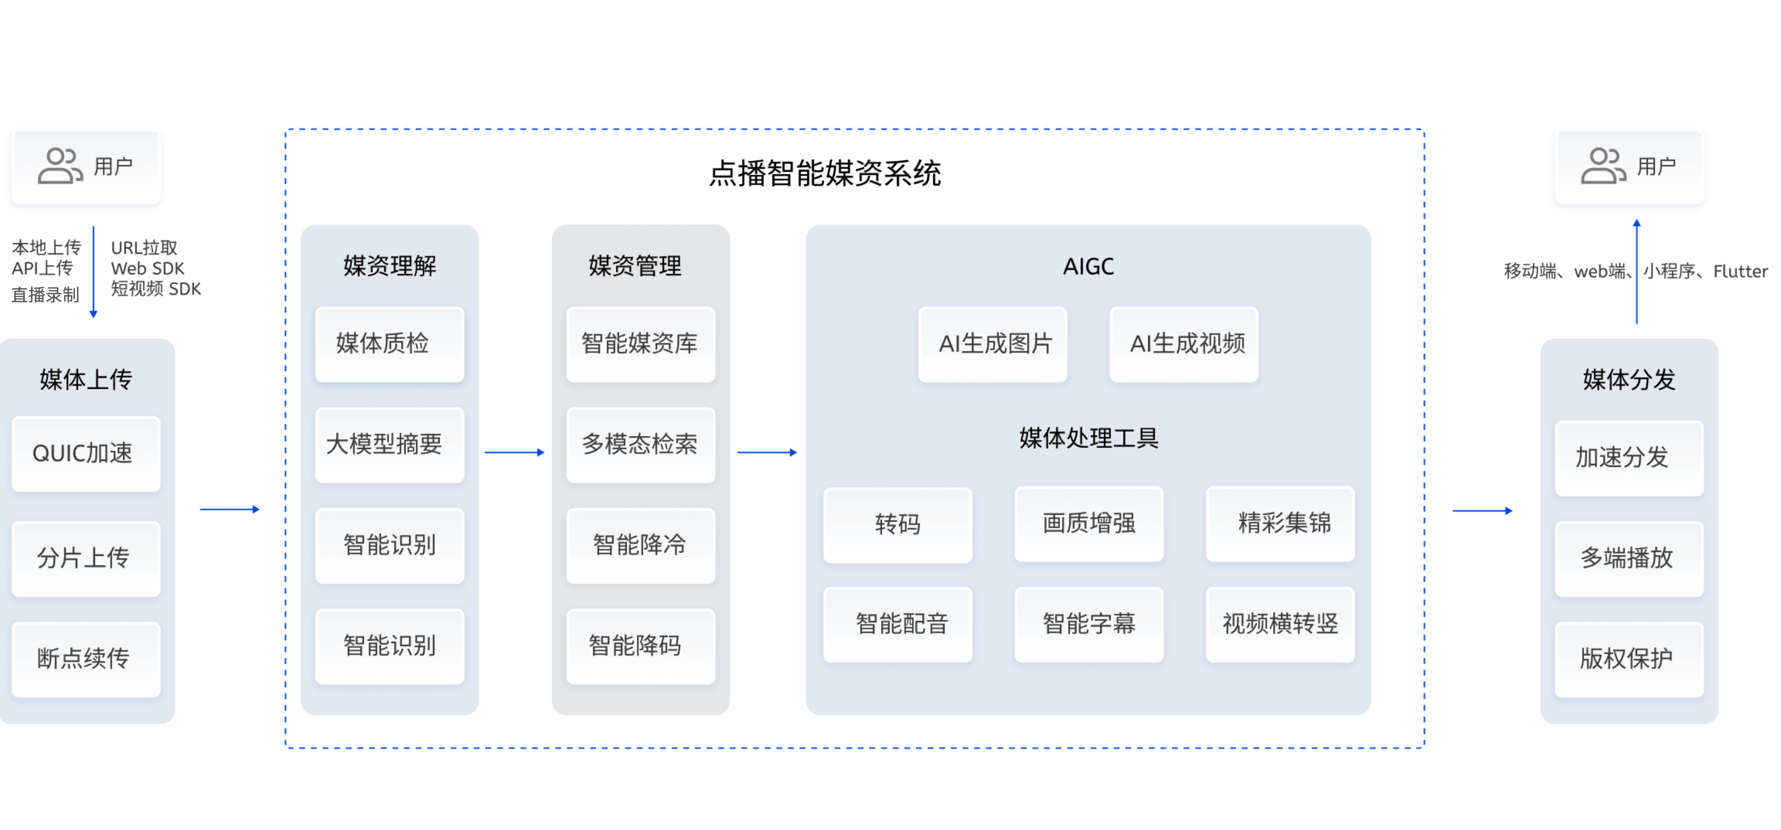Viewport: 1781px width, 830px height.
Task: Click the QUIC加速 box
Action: click(86, 454)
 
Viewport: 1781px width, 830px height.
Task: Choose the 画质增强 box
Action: click(1089, 523)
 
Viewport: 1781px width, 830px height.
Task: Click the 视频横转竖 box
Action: click(1280, 624)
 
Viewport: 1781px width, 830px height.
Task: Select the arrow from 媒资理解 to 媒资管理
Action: click(514, 452)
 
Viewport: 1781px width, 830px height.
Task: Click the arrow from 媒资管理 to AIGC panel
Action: click(767, 452)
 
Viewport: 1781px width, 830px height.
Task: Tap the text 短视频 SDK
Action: click(156, 289)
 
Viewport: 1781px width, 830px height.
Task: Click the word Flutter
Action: click(1740, 272)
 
